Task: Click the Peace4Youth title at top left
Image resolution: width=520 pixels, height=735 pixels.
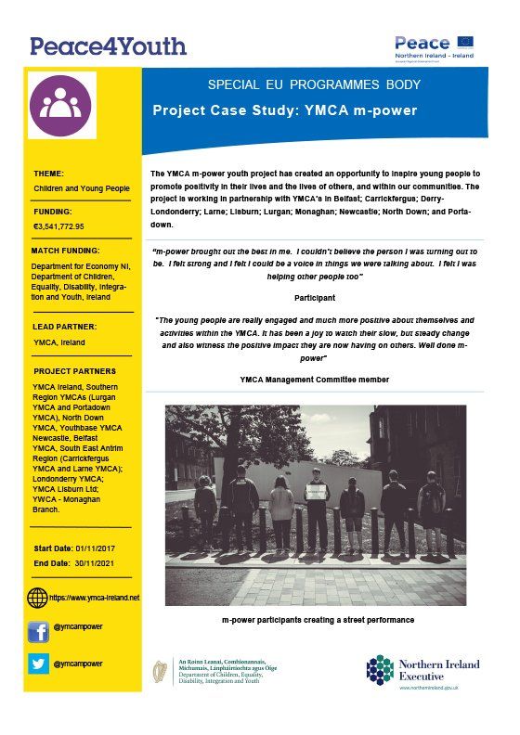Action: point(108,45)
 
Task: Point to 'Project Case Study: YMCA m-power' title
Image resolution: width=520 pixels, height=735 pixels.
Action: point(284,110)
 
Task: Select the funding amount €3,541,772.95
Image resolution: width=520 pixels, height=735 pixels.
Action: point(58,226)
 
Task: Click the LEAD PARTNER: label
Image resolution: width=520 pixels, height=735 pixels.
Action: point(68,327)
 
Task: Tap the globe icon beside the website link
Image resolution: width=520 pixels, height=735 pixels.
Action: point(38,597)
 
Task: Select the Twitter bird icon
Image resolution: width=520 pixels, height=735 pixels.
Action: point(38,664)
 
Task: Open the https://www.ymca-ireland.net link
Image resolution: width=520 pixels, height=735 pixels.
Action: point(94,598)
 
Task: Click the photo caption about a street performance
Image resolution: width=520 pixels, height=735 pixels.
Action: point(315,619)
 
